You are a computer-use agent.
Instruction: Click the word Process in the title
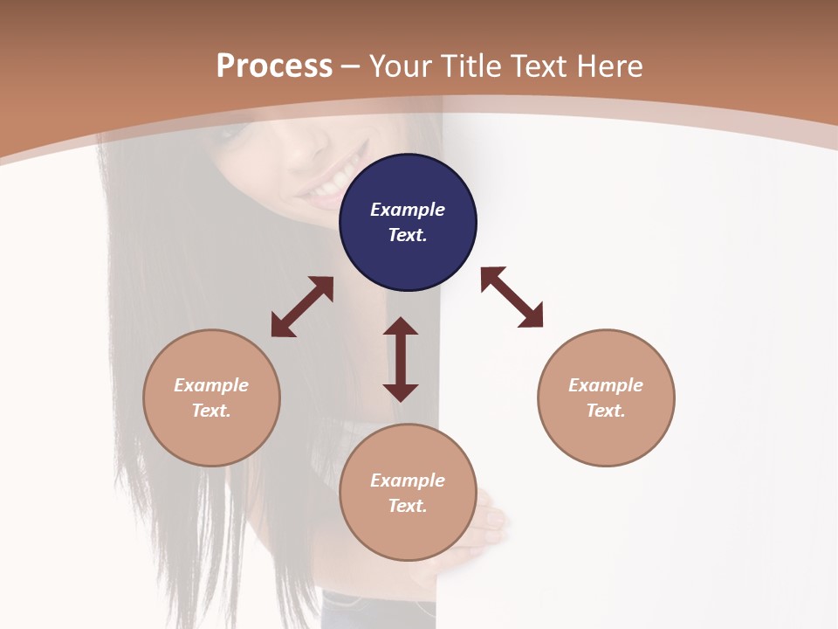click(274, 66)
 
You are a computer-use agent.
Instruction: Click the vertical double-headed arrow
click(401, 359)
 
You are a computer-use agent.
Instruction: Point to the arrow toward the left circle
click(302, 307)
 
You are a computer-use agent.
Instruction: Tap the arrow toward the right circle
click(512, 297)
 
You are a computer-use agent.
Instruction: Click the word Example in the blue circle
click(408, 210)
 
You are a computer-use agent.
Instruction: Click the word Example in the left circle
click(211, 385)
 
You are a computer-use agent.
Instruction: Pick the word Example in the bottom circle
click(408, 480)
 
